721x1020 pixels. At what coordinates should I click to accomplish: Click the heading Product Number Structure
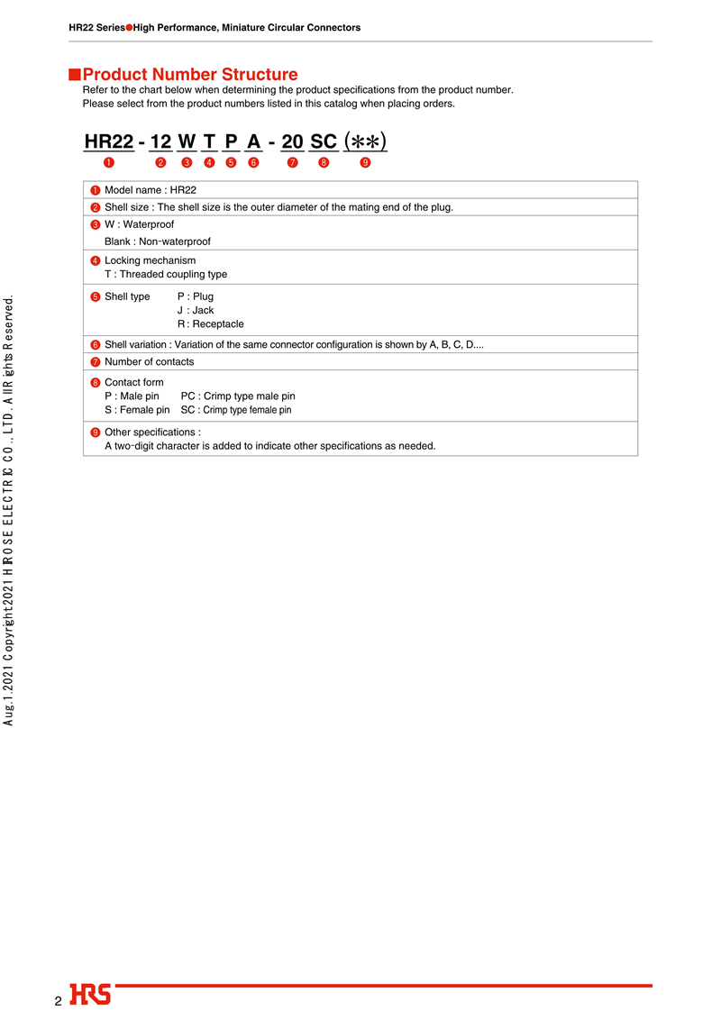(x=190, y=75)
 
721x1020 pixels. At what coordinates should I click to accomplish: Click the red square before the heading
(x=76, y=74)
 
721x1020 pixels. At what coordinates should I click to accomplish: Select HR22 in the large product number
(x=109, y=141)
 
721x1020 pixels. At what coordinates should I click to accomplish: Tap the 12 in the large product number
(x=160, y=141)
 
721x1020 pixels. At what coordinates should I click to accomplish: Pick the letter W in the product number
(x=187, y=141)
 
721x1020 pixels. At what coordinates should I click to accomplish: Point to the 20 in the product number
(x=292, y=141)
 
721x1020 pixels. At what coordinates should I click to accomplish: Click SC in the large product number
(x=324, y=141)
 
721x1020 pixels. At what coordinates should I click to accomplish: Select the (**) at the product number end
(x=365, y=141)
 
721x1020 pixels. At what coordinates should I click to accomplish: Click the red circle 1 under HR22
(x=108, y=163)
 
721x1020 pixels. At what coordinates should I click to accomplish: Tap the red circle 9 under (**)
(x=365, y=163)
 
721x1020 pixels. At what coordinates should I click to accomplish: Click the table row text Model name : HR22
(x=151, y=190)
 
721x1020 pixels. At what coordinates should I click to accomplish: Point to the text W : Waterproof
(x=139, y=224)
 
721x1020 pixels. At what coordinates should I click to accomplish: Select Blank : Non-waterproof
(x=158, y=241)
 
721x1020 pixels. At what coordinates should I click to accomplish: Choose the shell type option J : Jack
(x=196, y=310)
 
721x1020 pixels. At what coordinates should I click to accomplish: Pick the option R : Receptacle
(x=210, y=323)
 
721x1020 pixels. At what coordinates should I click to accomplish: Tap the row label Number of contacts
(x=149, y=361)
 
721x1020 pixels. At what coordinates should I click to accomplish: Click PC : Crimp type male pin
(x=238, y=396)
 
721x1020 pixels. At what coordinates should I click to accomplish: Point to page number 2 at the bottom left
(x=58, y=1001)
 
